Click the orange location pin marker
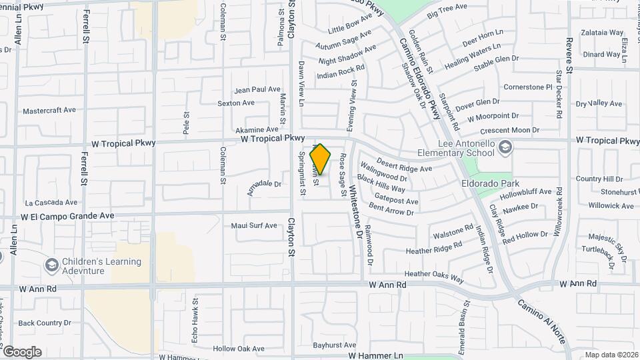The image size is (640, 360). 321,159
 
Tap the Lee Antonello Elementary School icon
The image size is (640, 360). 505,147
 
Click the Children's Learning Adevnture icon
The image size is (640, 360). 51,265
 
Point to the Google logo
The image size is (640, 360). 22,351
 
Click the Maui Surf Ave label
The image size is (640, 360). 253,225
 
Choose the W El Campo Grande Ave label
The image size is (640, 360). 67,216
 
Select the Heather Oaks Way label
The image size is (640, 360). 433,274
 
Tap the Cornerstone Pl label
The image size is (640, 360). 528,87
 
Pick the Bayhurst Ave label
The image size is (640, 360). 335,345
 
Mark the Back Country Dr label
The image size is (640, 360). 44,323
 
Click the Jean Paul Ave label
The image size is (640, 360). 257,89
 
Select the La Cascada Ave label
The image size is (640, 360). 51,202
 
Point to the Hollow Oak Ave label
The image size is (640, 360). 239,349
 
